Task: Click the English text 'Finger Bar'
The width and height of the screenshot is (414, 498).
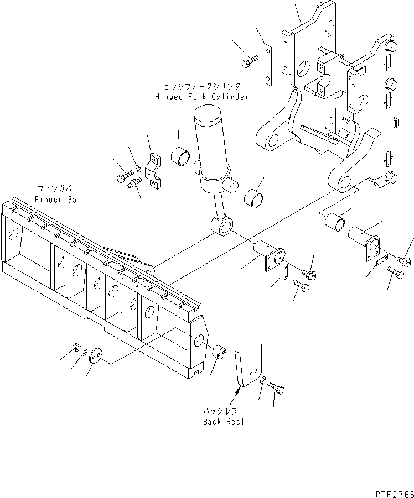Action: pos(57,199)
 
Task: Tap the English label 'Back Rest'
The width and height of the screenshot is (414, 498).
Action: pos(223,421)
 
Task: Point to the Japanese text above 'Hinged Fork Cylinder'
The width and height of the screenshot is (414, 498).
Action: pos(201,87)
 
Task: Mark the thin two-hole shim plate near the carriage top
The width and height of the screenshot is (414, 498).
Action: pos(267,66)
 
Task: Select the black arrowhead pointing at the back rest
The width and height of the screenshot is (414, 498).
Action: pos(237,390)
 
